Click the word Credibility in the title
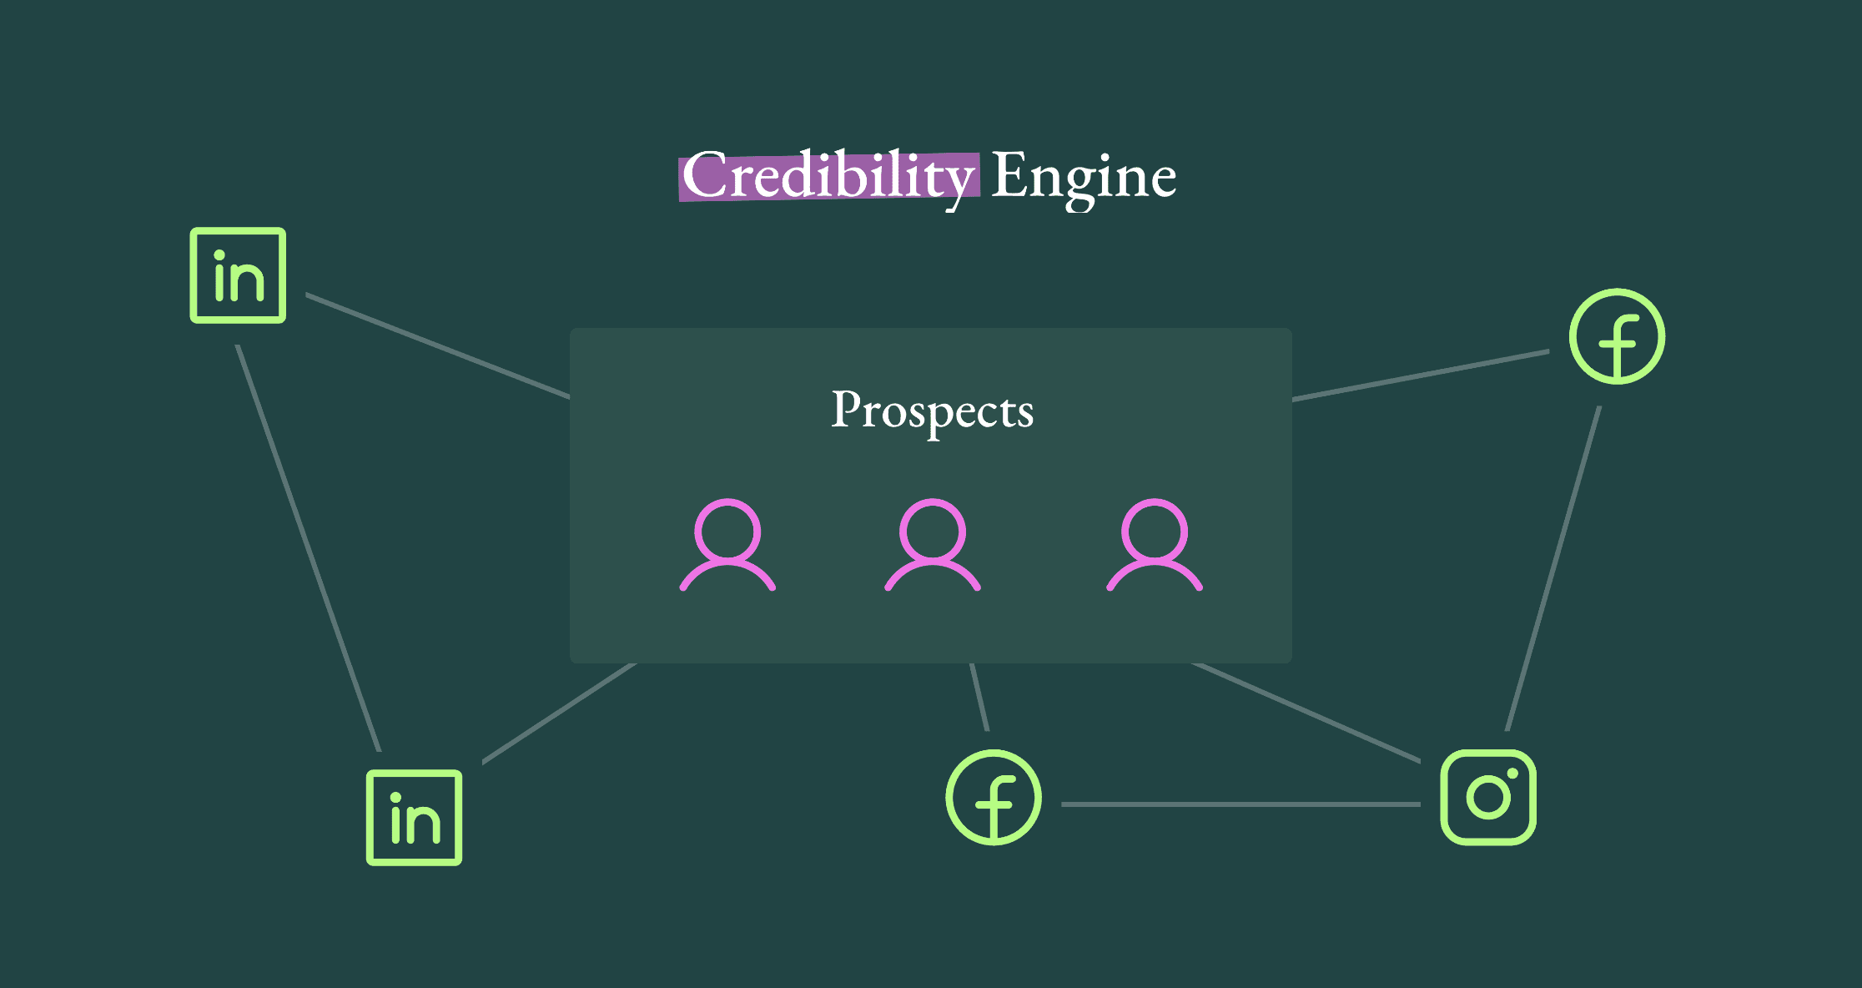828,176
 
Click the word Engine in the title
1083,176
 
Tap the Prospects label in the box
932,410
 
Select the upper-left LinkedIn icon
238,275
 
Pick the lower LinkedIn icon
414,818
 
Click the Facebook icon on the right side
1617,336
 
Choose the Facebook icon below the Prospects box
993,797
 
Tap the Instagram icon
1488,797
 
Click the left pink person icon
727,546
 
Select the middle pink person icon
932,546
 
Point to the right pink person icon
1154,546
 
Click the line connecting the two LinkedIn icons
309,548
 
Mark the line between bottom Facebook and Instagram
1240,804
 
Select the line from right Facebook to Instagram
1553,568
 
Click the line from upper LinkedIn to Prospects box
438,345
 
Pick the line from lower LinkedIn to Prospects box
559,713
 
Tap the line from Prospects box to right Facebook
1420,376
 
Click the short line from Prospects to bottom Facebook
979,698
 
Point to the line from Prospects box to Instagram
1306,712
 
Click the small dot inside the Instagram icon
1512,774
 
